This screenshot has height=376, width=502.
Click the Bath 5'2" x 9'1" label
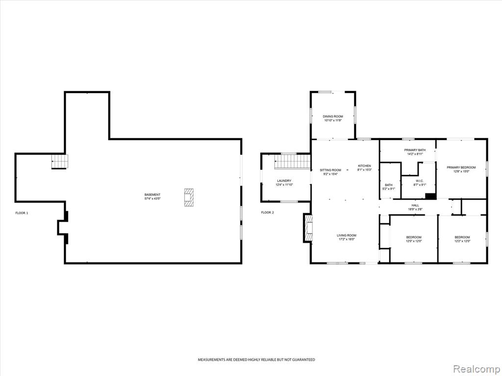(x=389, y=187)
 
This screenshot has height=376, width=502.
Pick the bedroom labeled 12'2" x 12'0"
(x=462, y=239)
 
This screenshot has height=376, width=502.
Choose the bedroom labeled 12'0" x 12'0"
(x=414, y=239)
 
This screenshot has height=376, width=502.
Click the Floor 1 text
(x=22, y=213)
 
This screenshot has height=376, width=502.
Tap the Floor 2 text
(x=267, y=212)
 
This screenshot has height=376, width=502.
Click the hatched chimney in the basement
(x=189, y=197)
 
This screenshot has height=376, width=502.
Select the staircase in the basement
(x=60, y=162)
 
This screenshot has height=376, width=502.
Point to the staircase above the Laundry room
(x=292, y=162)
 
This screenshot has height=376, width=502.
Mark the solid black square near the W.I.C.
(x=430, y=196)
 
